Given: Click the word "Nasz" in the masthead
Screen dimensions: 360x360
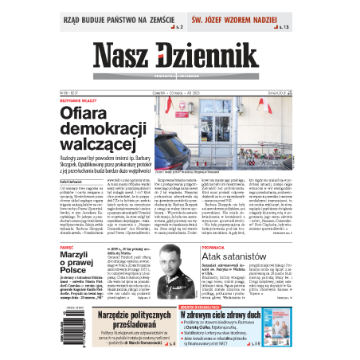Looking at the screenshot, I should point(125,55).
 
